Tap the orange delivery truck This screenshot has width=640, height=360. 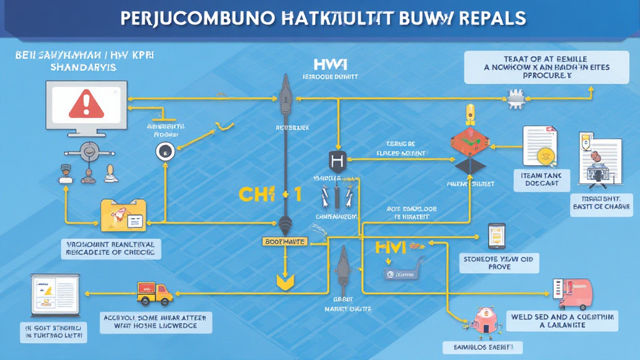[x=154, y=292]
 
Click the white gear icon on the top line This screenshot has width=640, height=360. [x=514, y=97]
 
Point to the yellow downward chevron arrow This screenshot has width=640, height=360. [x=285, y=282]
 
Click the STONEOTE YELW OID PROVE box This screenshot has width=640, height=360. [x=499, y=262]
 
